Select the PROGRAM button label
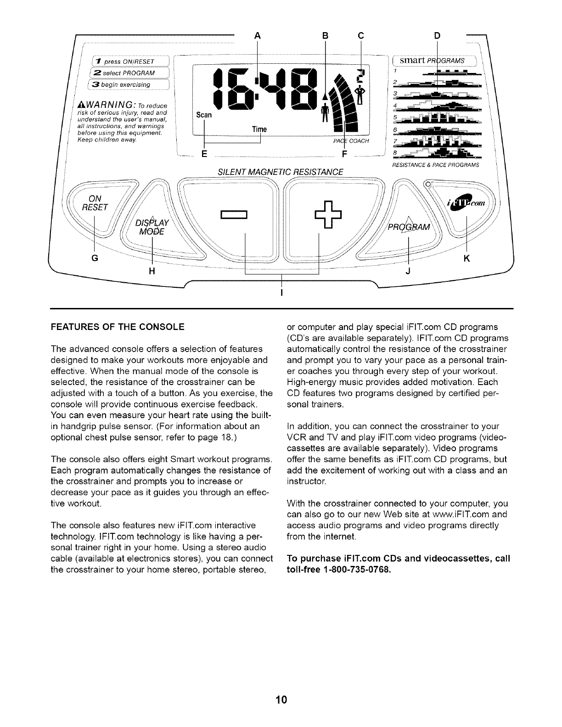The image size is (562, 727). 408,228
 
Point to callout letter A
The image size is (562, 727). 257,35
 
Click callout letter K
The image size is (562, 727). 467,259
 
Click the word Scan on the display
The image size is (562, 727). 203,115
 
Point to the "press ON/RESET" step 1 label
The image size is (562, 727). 126,62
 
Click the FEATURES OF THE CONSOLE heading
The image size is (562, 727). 118,327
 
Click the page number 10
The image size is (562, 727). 281,700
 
